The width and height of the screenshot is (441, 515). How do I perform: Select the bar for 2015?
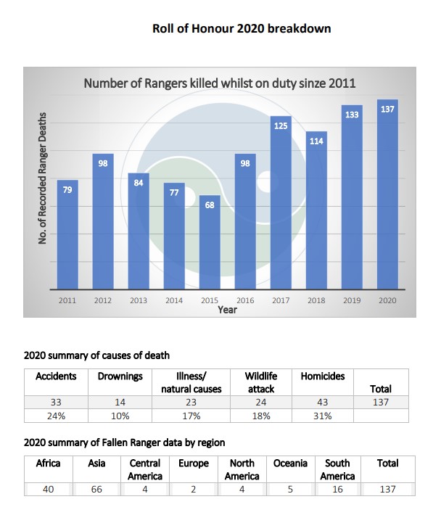click(210, 242)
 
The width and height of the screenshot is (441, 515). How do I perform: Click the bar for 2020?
click(387, 194)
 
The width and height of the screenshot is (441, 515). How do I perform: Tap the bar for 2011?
click(67, 234)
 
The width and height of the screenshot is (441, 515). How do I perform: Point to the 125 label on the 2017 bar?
click(281, 125)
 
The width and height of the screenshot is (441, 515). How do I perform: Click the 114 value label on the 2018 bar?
click(316, 141)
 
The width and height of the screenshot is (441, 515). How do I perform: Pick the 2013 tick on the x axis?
click(139, 300)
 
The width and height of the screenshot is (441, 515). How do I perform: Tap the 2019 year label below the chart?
click(352, 300)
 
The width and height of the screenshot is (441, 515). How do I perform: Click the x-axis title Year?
click(227, 310)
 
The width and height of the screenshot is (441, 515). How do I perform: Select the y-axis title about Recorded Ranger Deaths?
click(42, 178)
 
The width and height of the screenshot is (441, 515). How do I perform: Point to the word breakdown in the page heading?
click(299, 28)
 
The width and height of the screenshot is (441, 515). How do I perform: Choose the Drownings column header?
click(120, 376)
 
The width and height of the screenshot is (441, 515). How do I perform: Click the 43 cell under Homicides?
click(323, 402)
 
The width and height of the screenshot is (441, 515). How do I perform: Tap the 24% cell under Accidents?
click(56, 416)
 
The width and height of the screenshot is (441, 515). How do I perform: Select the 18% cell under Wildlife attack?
click(261, 416)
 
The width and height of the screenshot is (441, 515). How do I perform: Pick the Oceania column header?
click(290, 463)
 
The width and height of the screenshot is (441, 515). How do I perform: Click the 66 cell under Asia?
click(96, 489)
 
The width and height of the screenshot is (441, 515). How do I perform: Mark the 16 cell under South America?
click(337, 489)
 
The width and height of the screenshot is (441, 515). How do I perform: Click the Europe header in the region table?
click(194, 463)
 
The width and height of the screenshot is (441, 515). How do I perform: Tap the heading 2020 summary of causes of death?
click(97, 355)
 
